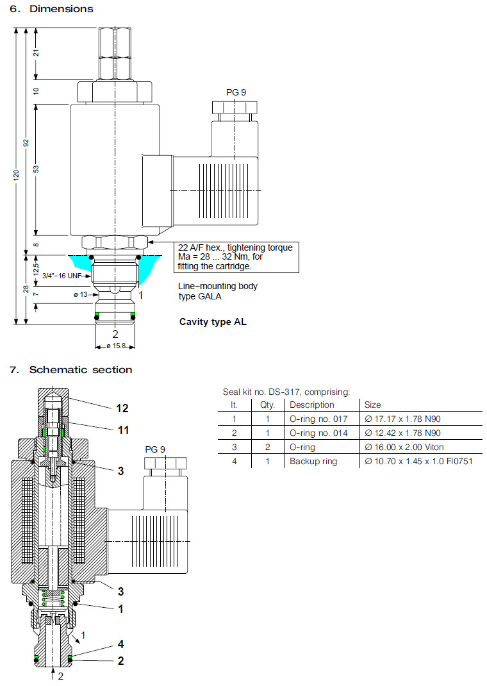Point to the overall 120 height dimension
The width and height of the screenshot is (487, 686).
click(17, 175)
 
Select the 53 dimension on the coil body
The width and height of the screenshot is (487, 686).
click(36, 169)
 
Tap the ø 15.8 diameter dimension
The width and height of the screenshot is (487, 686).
click(115, 347)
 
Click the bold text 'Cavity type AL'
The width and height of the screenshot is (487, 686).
click(213, 322)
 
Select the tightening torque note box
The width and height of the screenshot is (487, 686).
click(235, 256)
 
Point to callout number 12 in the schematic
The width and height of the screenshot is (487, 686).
click(122, 408)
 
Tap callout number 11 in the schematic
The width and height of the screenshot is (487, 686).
click(122, 430)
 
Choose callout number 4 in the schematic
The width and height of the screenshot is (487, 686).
click(120, 644)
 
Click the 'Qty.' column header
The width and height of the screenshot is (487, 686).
click(267, 405)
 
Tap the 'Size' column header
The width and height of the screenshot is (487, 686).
click(372, 405)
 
